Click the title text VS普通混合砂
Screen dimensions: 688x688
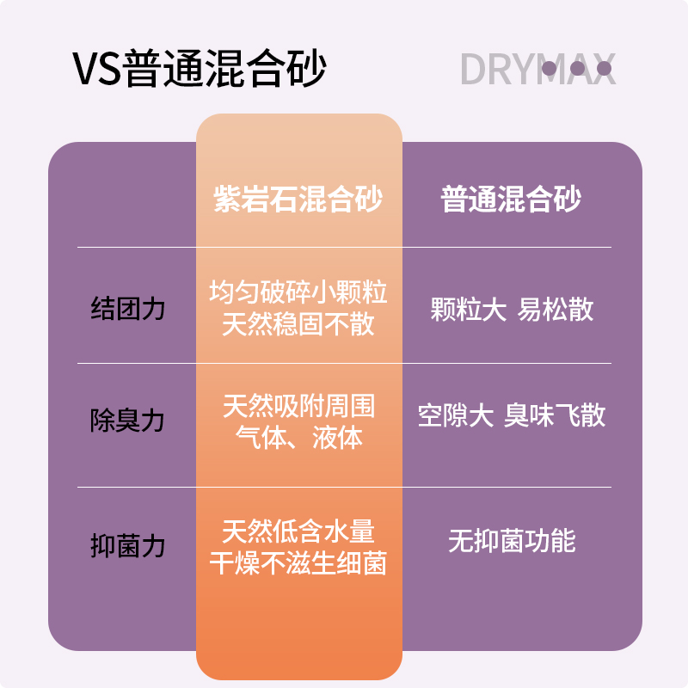tap(200, 69)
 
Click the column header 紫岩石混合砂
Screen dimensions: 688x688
tap(298, 200)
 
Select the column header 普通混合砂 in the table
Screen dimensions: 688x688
tap(511, 200)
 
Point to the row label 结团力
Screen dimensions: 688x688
tap(128, 309)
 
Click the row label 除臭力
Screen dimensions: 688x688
tap(128, 421)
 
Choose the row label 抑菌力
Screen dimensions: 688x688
tap(128, 545)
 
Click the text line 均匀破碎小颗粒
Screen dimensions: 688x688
tap(298, 292)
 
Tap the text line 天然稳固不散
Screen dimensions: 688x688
tap(298, 326)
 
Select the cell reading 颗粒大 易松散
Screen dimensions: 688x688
tap(512, 310)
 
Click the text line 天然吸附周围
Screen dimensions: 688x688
tap(298, 405)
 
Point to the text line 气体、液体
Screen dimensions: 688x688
tap(298, 438)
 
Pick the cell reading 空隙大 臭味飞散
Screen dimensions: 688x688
tap(512, 416)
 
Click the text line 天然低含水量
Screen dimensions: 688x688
tap(298, 531)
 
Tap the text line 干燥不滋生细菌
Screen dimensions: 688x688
tap(298, 563)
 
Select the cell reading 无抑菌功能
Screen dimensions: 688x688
tap(512, 541)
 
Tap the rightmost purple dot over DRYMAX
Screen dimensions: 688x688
tap(604, 68)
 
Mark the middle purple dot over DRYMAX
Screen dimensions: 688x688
tap(577, 68)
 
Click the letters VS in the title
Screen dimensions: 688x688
tap(97, 70)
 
